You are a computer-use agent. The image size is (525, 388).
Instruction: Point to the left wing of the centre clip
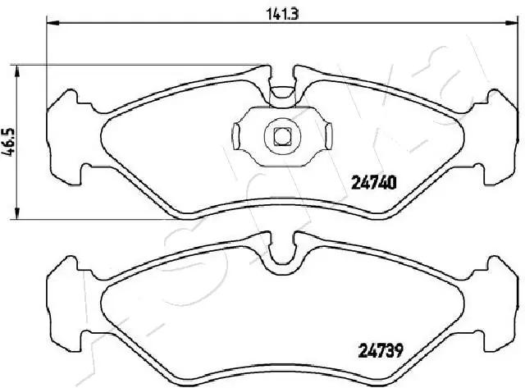[240, 134]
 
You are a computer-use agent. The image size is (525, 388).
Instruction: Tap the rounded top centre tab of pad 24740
[282, 92]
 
